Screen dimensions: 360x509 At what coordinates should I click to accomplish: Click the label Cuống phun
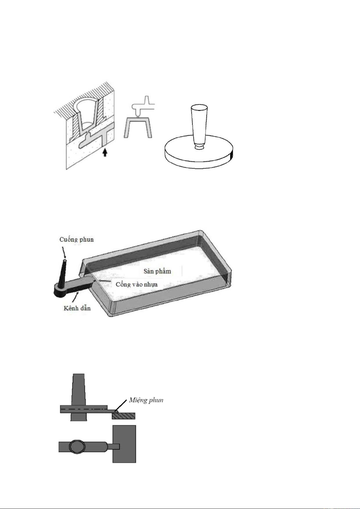tap(76, 240)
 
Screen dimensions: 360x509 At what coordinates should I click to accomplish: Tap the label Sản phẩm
tap(157, 271)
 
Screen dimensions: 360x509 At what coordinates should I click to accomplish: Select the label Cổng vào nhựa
tap(137, 285)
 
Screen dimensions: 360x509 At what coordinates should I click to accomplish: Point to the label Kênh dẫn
tap(77, 308)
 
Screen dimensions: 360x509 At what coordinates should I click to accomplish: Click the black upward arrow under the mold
tap(104, 152)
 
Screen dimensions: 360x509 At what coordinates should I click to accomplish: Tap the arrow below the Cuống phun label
tap(64, 253)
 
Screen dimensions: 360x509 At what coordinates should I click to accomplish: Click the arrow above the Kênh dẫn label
tap(76, 297)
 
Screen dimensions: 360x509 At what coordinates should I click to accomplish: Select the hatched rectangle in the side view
tap(124, 416)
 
